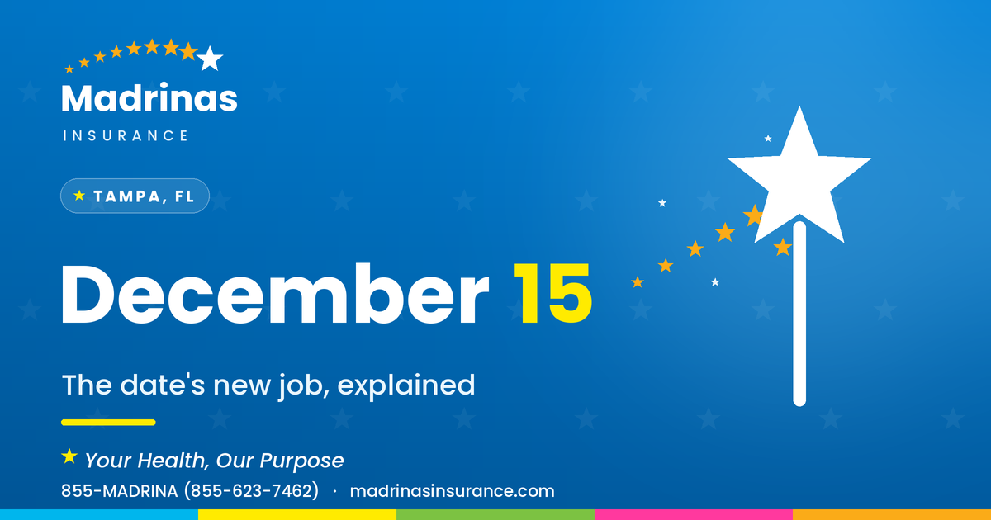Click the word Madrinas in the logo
149,97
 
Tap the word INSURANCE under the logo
126,135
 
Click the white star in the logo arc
210,59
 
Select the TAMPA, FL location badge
135,196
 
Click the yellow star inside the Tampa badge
79,196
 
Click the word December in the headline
275,294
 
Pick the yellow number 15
552,294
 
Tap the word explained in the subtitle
406,385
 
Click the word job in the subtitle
304,385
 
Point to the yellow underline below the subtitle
108,423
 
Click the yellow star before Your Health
69,456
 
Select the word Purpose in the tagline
301,461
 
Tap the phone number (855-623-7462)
251,491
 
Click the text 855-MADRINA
120,491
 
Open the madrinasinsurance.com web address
453,491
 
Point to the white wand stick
799,314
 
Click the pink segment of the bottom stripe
694,515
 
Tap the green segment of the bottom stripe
495,515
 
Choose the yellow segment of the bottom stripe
297,515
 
